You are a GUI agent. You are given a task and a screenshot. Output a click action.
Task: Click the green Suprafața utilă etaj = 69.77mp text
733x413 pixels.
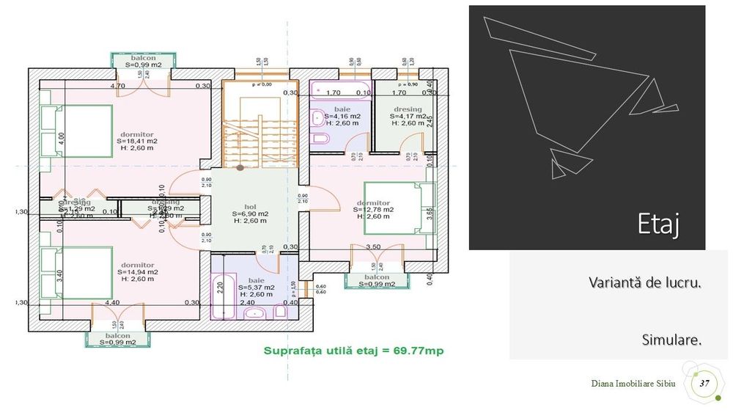[355, 351]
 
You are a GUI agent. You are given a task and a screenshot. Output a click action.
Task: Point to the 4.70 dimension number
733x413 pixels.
[117, 86]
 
